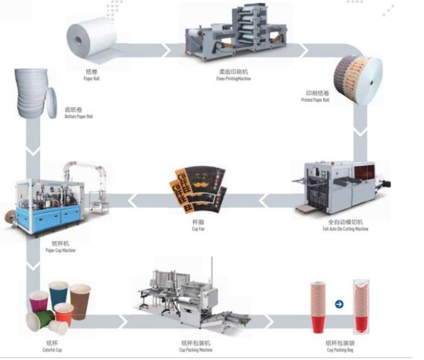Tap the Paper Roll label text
[91, 75]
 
